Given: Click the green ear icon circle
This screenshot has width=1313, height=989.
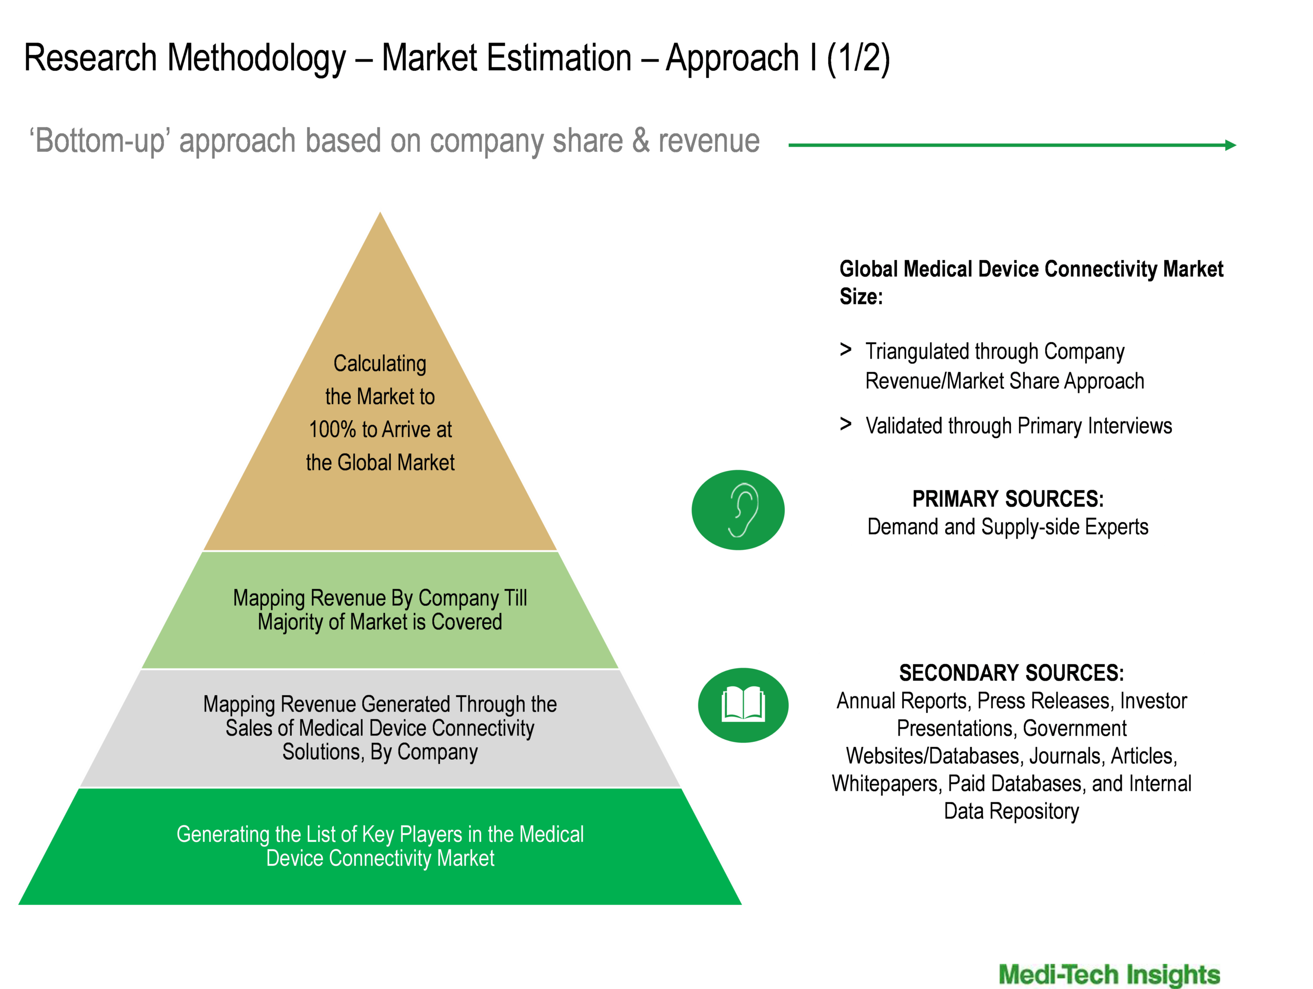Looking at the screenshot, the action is [738, 510].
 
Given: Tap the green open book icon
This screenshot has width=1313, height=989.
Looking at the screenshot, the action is [743, 704].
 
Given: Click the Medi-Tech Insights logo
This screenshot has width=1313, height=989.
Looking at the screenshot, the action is [1109, 975].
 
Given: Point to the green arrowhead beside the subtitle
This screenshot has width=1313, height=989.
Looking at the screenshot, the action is [1230, 145].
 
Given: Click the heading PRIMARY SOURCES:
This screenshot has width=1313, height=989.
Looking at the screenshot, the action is [1008, 499].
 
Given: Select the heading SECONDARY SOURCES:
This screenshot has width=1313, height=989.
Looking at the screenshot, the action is [1011, 672].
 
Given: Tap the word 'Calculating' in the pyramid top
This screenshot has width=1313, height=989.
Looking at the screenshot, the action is [380, 363].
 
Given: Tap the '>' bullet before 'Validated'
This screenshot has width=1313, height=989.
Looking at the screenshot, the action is [846, 424].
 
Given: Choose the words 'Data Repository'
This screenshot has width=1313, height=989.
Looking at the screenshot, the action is [1011, 812].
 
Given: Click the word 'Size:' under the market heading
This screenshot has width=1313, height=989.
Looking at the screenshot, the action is [861, 296].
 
